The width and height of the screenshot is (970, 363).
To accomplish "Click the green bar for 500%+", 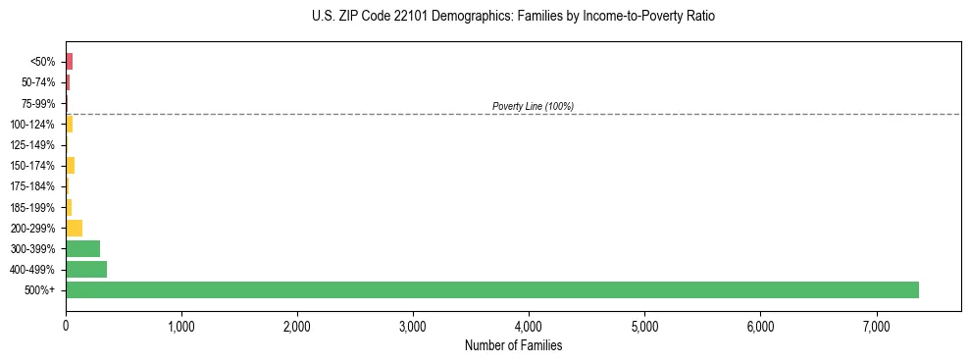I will (491, 289).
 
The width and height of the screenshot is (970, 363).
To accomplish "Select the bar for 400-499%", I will (86, 269).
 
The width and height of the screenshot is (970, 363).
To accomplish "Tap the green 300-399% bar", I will (82, 248).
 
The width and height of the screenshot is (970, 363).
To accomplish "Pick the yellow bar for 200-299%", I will (74, 228).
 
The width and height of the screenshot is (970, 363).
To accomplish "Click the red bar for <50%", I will (69, 62).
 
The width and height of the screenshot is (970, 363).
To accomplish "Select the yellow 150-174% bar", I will (70, 165).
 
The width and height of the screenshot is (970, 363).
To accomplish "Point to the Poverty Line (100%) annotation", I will (533, 106).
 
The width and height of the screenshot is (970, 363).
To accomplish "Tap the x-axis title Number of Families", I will (513, 345).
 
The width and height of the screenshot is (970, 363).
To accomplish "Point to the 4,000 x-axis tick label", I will (529, 326).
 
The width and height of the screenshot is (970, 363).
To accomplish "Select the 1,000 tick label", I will (181, 326).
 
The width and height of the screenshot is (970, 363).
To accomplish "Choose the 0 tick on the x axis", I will (66, 326).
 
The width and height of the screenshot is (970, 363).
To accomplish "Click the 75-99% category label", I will (38, 103).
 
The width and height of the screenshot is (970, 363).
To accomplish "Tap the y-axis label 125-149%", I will (34, 145).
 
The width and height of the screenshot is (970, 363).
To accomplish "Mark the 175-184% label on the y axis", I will (34, 186).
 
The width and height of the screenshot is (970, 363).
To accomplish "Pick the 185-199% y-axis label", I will (34, 207).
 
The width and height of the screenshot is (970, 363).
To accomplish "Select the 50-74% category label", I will (38, 82).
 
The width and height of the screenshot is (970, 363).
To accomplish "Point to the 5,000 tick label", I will (644, 326).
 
